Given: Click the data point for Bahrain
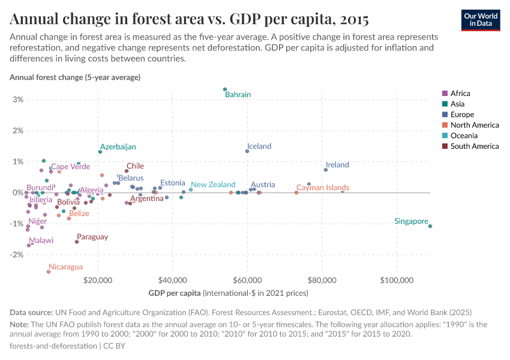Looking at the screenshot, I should click(x=225, y=89).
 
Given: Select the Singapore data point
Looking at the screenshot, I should click(x=430, y=226).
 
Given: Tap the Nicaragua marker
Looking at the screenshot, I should click(x=49, y=272).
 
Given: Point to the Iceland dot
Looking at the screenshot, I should click(x=247, y=151).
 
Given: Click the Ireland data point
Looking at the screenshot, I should click(x=326, y=170).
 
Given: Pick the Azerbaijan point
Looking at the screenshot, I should click(x=100, y=152).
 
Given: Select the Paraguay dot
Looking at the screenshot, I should click(x=77, y=242).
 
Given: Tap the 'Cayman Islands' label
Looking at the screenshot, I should click(x=323, y=188).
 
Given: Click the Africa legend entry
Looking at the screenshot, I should click(x=460, y=94).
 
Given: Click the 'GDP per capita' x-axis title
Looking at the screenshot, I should click(x=175, y=293).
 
